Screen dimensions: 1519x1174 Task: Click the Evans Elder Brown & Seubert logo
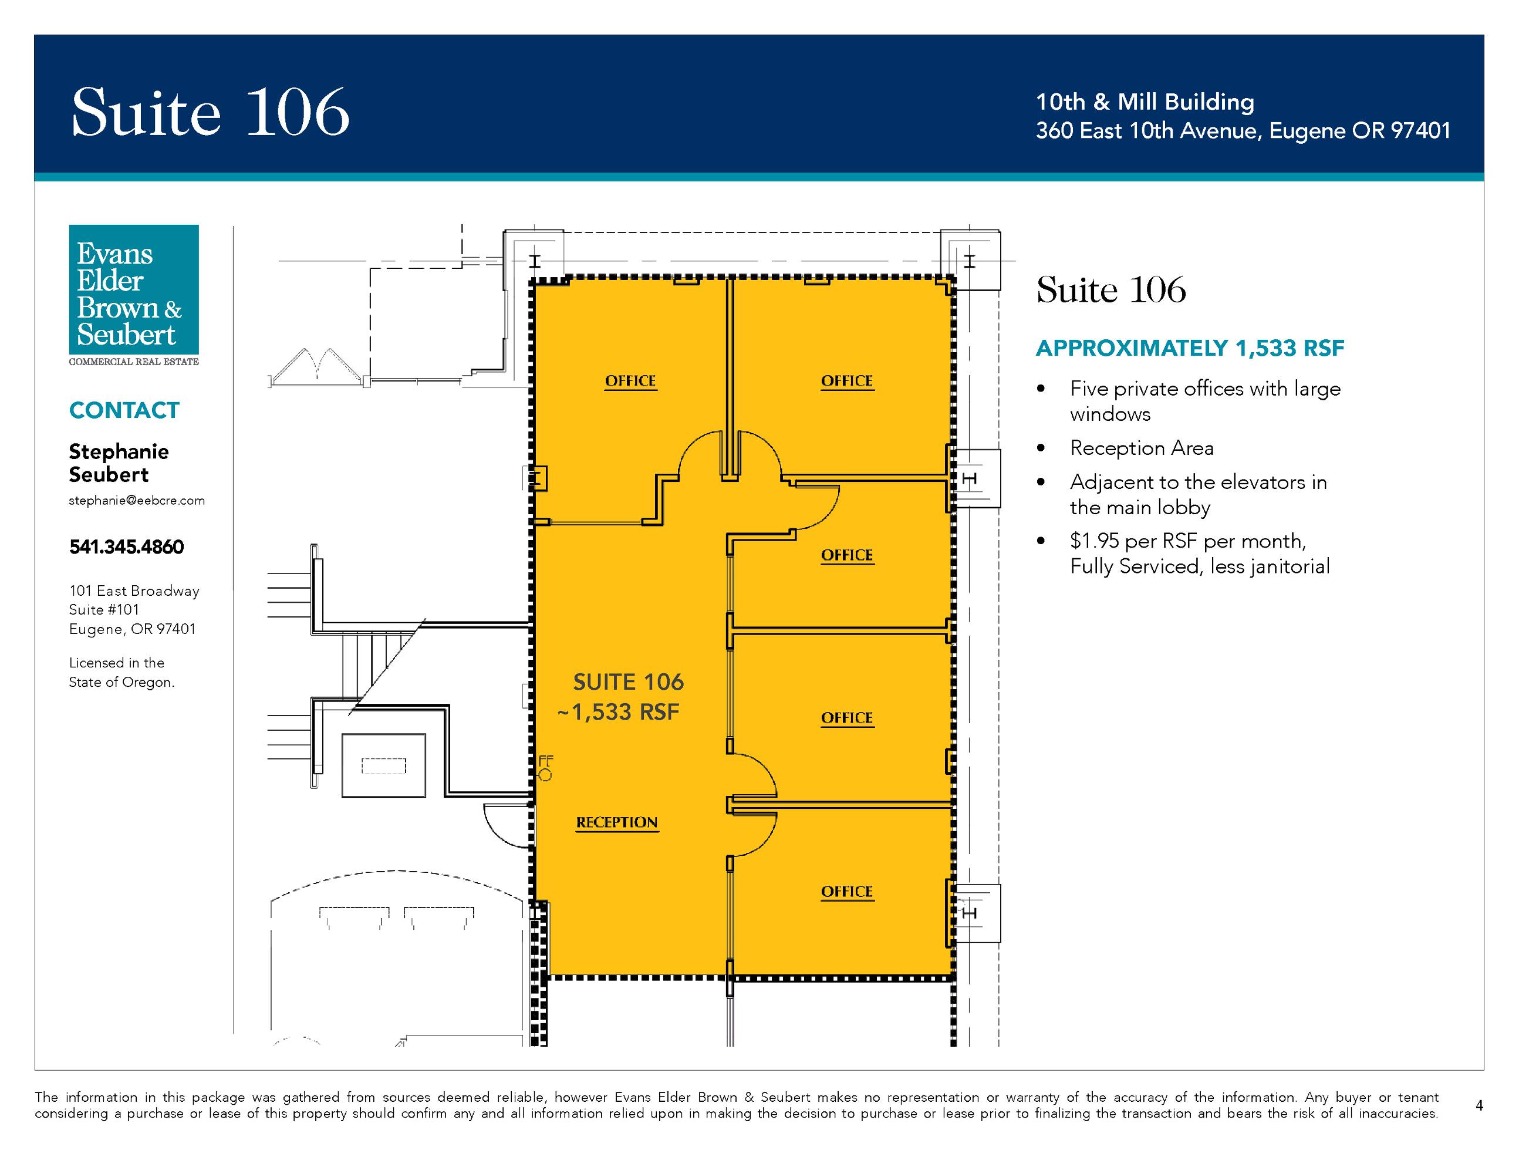134,295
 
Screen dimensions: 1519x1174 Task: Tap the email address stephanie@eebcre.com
137,501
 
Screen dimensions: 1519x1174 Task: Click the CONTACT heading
124,410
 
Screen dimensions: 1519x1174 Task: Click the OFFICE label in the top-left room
630,381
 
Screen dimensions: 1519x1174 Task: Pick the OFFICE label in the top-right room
846,381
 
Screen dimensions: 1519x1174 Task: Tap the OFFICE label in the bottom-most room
846,892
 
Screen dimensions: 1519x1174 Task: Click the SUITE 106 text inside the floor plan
628,682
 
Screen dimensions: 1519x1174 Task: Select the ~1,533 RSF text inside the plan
618,712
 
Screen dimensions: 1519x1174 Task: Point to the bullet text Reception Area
1142,448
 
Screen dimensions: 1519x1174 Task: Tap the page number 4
1479,1105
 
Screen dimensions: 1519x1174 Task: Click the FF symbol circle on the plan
545,775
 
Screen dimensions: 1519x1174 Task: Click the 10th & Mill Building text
1145,102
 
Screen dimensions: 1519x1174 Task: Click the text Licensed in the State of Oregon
121,673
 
